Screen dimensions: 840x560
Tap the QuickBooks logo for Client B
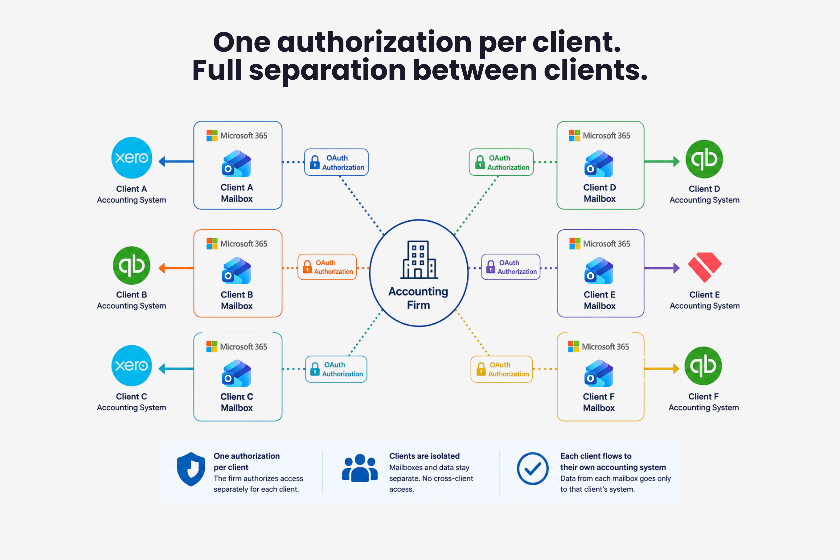pyautogui.click(x=131, y=265)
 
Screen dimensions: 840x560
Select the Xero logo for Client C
pyautogui.click(x=131, y=365)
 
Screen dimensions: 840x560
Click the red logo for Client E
pyautogui.click(x=705, y=267)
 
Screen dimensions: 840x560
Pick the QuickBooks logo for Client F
pyautogui.click(x=703, y=366)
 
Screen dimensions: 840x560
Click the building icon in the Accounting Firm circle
pyautogui.click(x=419, y=260)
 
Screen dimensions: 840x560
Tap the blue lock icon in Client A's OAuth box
pyautogui.click(x=315, y=162)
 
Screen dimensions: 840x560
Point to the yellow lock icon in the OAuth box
pyautogui.click(x=481, y=369)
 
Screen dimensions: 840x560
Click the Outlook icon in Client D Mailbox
pyautogui.click(x=599, y=164)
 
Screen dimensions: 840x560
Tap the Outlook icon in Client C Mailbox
pyautogui.click(x=236, y=373)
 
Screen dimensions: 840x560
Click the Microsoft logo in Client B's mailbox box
pyautogui.click(x=212, y=243)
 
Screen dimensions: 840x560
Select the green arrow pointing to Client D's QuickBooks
pyautogui.click(x=662, y=162)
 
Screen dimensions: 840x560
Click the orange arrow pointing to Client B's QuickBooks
pyautogui.click(x=176, y=268)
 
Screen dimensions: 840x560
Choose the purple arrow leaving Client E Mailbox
pyautogui.click(x=662, y=268)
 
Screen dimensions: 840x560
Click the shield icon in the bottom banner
pyautogui.click(x=191, y=469)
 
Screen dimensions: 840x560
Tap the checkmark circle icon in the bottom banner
pyautogui.click(x=532, y=469)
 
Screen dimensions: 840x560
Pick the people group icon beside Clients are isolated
pyautogui.click(x=360, y=468)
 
